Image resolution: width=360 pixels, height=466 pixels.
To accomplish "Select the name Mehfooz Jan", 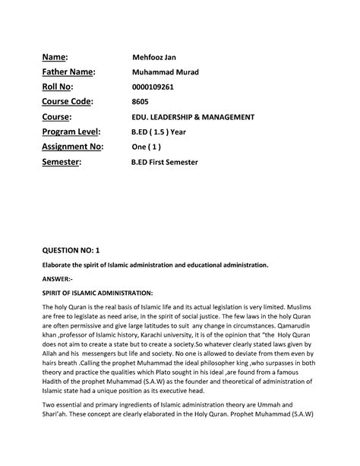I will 154,57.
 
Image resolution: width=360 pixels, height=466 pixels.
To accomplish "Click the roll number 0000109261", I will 153,87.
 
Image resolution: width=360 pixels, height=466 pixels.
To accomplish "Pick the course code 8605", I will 142,102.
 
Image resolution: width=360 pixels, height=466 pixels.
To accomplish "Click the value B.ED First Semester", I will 170,163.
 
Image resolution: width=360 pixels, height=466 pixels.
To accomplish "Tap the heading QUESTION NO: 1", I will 75,249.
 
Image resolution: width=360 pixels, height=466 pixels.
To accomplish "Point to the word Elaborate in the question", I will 58,265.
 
